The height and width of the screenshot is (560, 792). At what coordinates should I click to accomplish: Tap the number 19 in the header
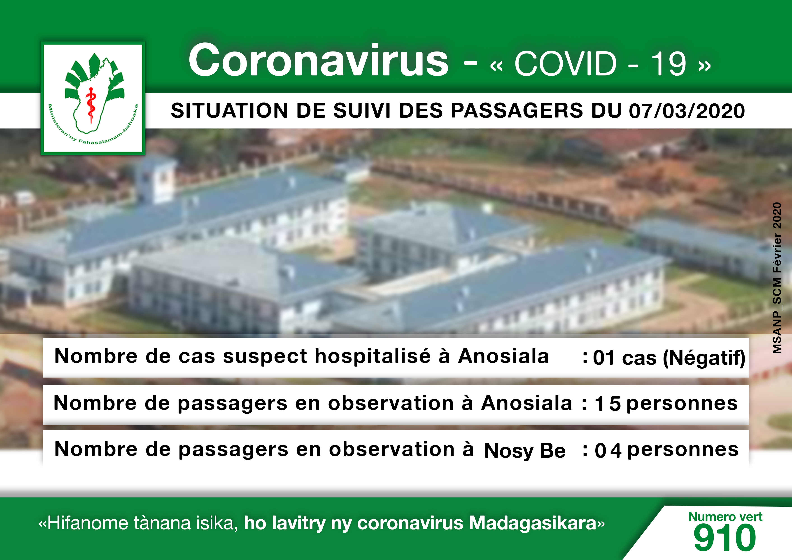[x=668, y=64]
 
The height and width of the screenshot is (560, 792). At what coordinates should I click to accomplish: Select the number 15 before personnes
[x=608, y=404]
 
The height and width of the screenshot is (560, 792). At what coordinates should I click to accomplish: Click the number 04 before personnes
[x=608, y=450]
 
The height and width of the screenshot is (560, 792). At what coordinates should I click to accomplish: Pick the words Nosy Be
[x=525, y=451]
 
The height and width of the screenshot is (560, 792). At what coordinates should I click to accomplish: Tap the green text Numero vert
[x=725, y=516]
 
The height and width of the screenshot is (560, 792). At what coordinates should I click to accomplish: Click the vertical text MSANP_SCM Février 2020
[x=777, y=278]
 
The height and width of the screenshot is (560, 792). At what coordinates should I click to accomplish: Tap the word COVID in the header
[x=565, y=64]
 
